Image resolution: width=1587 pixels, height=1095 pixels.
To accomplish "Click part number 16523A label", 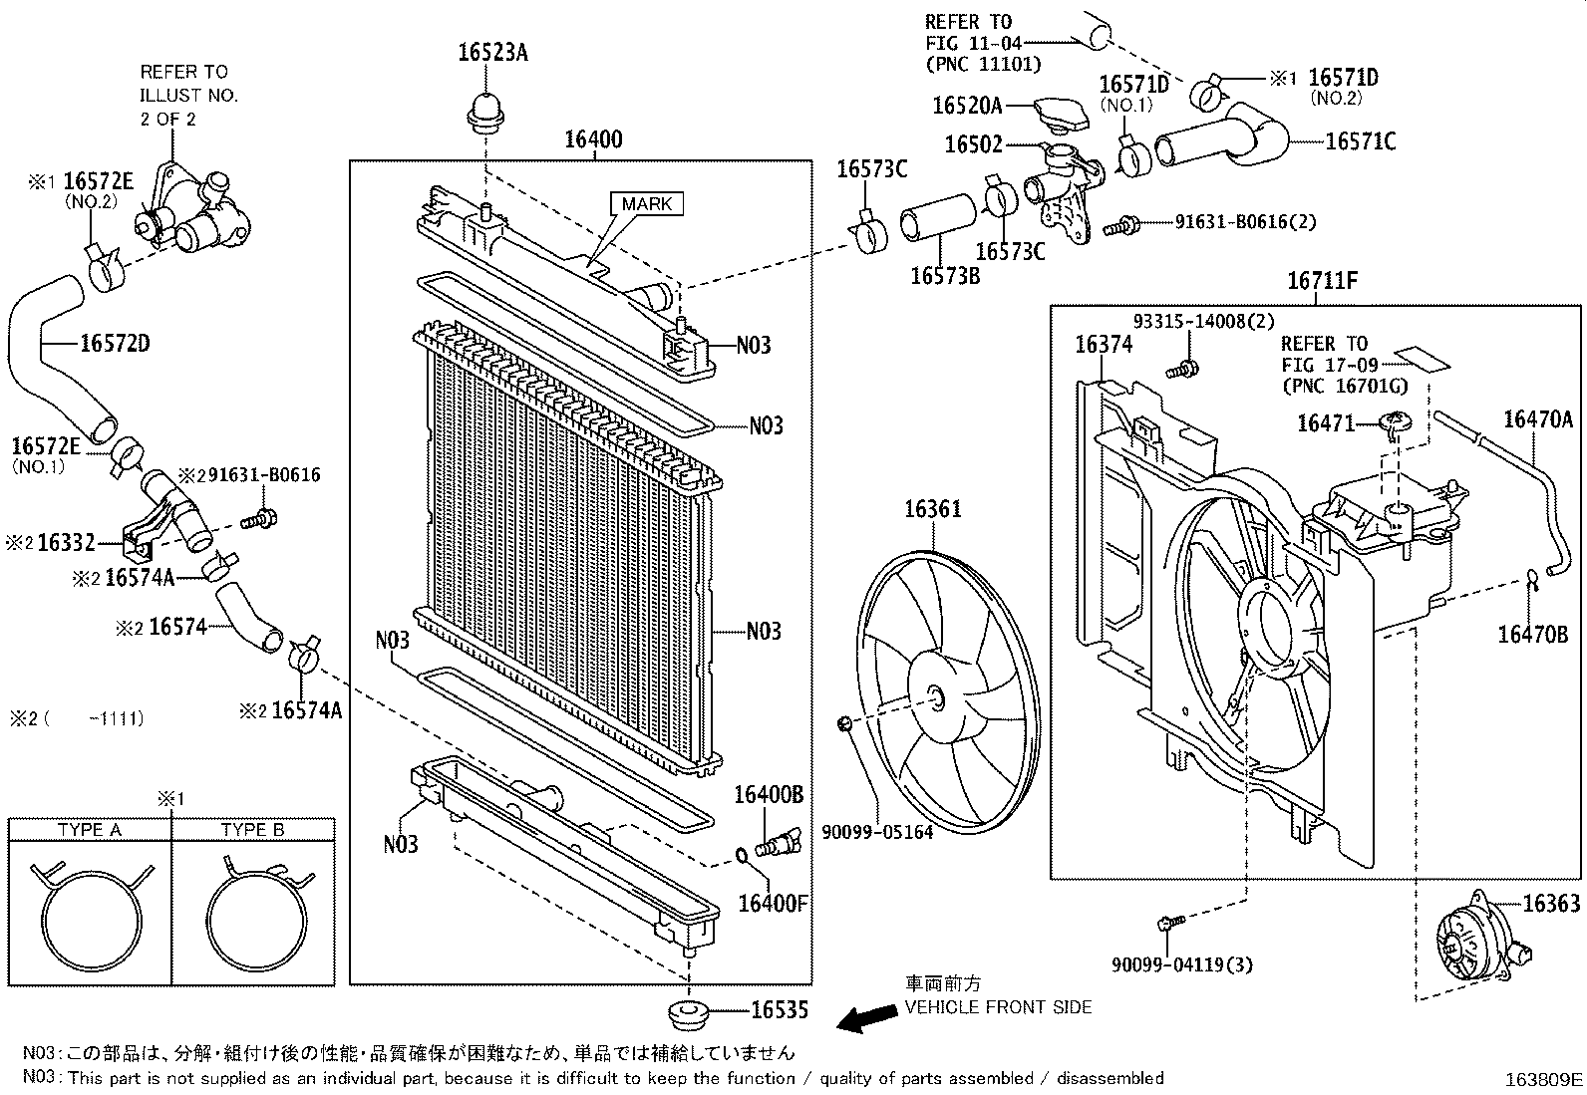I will (x=492, y=53).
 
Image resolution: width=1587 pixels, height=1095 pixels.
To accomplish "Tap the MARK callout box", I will (x=647, y=204).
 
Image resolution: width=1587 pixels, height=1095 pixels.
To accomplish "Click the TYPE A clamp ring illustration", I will (x=89, y=916).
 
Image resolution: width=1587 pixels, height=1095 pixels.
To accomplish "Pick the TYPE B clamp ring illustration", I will (x=252, y=916).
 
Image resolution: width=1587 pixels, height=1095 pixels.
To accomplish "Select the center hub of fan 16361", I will (x=936, y=698).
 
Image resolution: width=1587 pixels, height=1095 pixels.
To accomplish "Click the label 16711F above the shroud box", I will (x=1323, y=281).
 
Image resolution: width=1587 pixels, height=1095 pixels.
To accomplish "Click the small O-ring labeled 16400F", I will (x=741, y=855).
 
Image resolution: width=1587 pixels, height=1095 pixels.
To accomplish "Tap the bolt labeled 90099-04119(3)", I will (x=1170, y=924).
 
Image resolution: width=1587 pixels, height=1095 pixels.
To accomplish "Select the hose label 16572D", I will (x=115, y=344).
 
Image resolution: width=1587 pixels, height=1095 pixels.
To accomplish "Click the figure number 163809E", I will (x=1543, y=1079).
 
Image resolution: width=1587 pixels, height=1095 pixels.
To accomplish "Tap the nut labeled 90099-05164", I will (x=844, y=721).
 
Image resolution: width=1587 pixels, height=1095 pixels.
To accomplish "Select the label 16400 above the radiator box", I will (x=593, y=139).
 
